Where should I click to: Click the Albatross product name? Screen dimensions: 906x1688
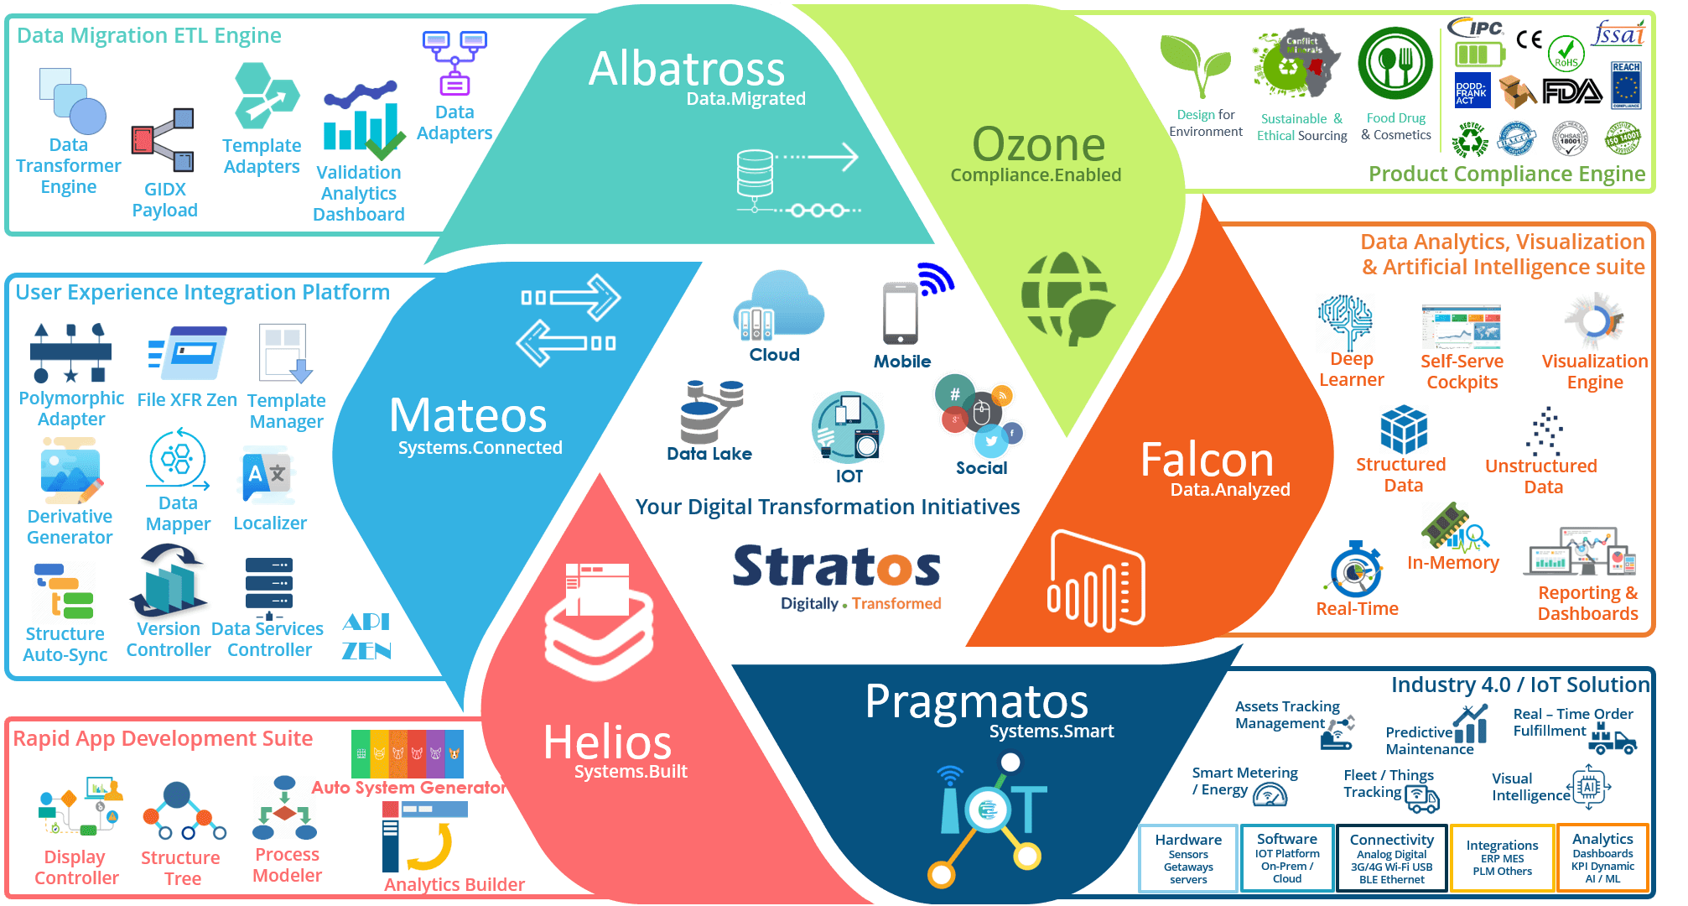pyautogui.click(x=686, y=69)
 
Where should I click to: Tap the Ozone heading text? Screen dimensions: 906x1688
pyautogui.click(x=1038, y=144)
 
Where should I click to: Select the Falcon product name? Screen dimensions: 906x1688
pyautogui.click(x=1207, y=460)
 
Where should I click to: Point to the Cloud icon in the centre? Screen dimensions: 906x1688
pyautogui.click(x=778, y=306)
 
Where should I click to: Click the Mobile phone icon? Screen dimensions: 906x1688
pyautogui.click(x=901, y=313)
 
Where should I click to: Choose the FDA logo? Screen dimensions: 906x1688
pyautogui.click(x=1571, y=91)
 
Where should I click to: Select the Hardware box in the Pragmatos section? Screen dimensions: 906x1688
pyautogui.click(x=1188, y=857)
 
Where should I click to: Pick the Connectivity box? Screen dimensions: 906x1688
pyautogui.click(x=1391, y=857)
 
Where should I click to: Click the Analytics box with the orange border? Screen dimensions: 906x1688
pyautogui.click(x=1602, y=857)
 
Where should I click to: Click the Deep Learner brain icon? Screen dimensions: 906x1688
pyautogui.click(x=1345, y=320)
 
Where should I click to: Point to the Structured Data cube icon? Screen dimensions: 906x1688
pyautogui.click(x=1404, y=429)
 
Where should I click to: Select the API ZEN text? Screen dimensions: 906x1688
pyautogui.click(x=366, y=636)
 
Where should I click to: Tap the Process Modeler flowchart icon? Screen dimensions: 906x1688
pyautogui.click(x=285, y=809)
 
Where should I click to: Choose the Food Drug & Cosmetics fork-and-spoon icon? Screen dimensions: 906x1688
pyautogui.click(x=1395, y=64)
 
